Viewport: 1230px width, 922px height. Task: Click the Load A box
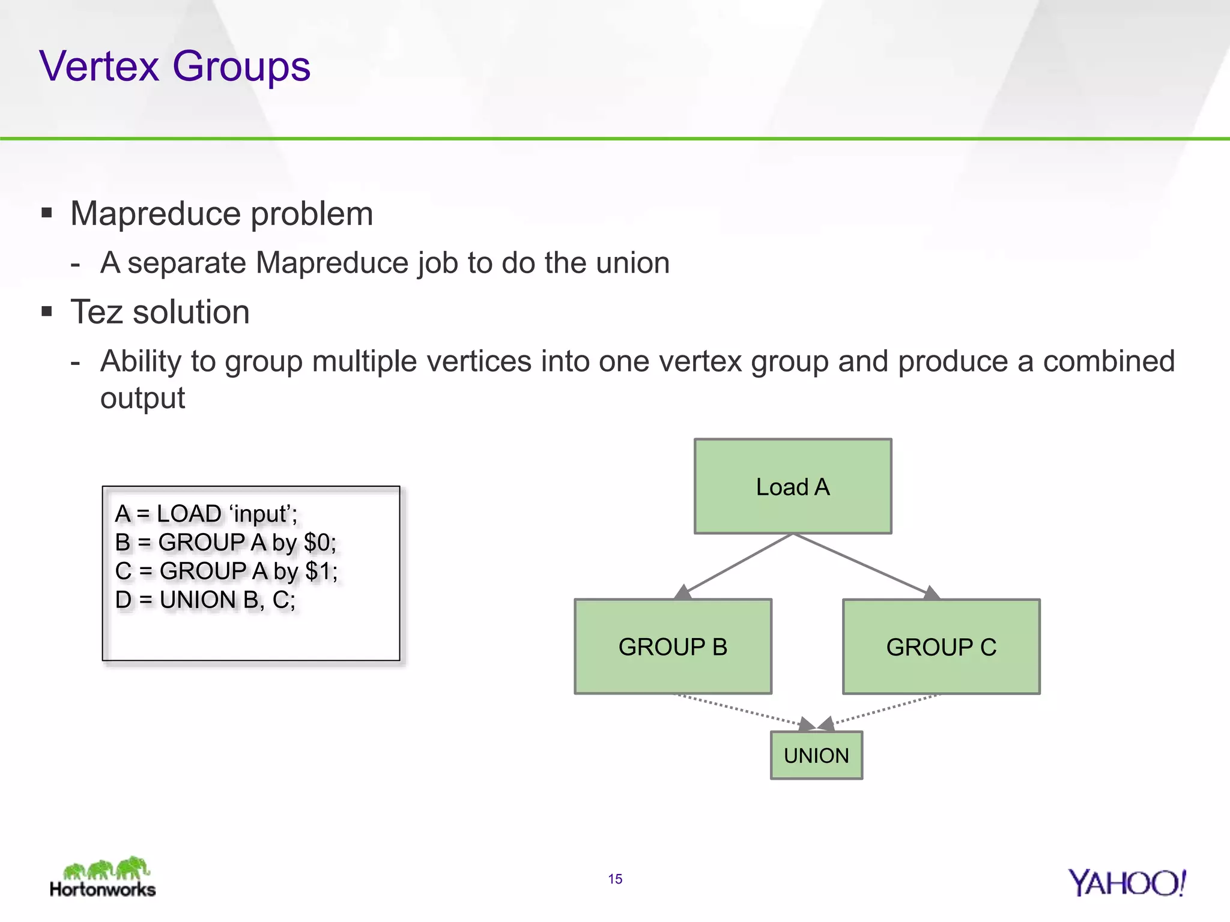point(793,486)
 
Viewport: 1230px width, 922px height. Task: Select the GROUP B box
point(673,646)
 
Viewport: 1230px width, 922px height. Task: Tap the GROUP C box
point(941,646)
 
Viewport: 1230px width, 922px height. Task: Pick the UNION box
point(816,755)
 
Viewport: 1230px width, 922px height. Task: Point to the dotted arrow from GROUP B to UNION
point(745,710)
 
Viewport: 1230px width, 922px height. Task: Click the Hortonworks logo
point(103,878)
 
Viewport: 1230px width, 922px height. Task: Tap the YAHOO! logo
point(1127,883)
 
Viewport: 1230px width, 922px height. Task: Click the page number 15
point(615,879)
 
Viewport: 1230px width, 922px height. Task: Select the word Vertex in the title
point(99,66)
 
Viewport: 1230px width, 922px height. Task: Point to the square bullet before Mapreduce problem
point(47,212)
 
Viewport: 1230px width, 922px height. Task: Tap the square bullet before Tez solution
point(47,311)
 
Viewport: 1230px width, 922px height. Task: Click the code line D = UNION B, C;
point(205,600)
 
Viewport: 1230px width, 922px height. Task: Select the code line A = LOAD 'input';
point(206,514)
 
